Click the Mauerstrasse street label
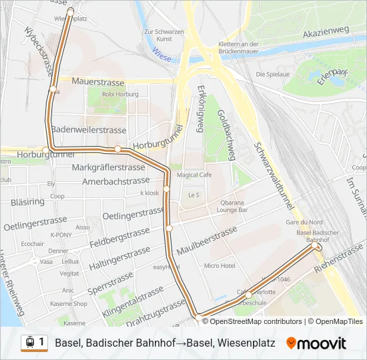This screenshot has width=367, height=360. click(x=98, y=81)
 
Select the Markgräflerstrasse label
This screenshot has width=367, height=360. click(x=107, y=167)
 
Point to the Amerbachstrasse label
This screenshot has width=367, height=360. click(x=115, y=181)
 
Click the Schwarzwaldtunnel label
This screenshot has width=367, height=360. click(x=270, y=167)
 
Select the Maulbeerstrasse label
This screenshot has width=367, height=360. click(x=207, y=241)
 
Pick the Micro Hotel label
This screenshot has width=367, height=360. click(x=220, y=265)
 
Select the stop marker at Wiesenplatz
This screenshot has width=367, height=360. click(x=71, y=11)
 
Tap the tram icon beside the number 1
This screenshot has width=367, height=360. click(x=29, y=342)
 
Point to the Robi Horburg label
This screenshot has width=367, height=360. click(x=120, y=95)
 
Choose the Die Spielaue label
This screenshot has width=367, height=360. click(x=272, y=74)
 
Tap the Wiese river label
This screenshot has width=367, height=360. click(x=161, y=58)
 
